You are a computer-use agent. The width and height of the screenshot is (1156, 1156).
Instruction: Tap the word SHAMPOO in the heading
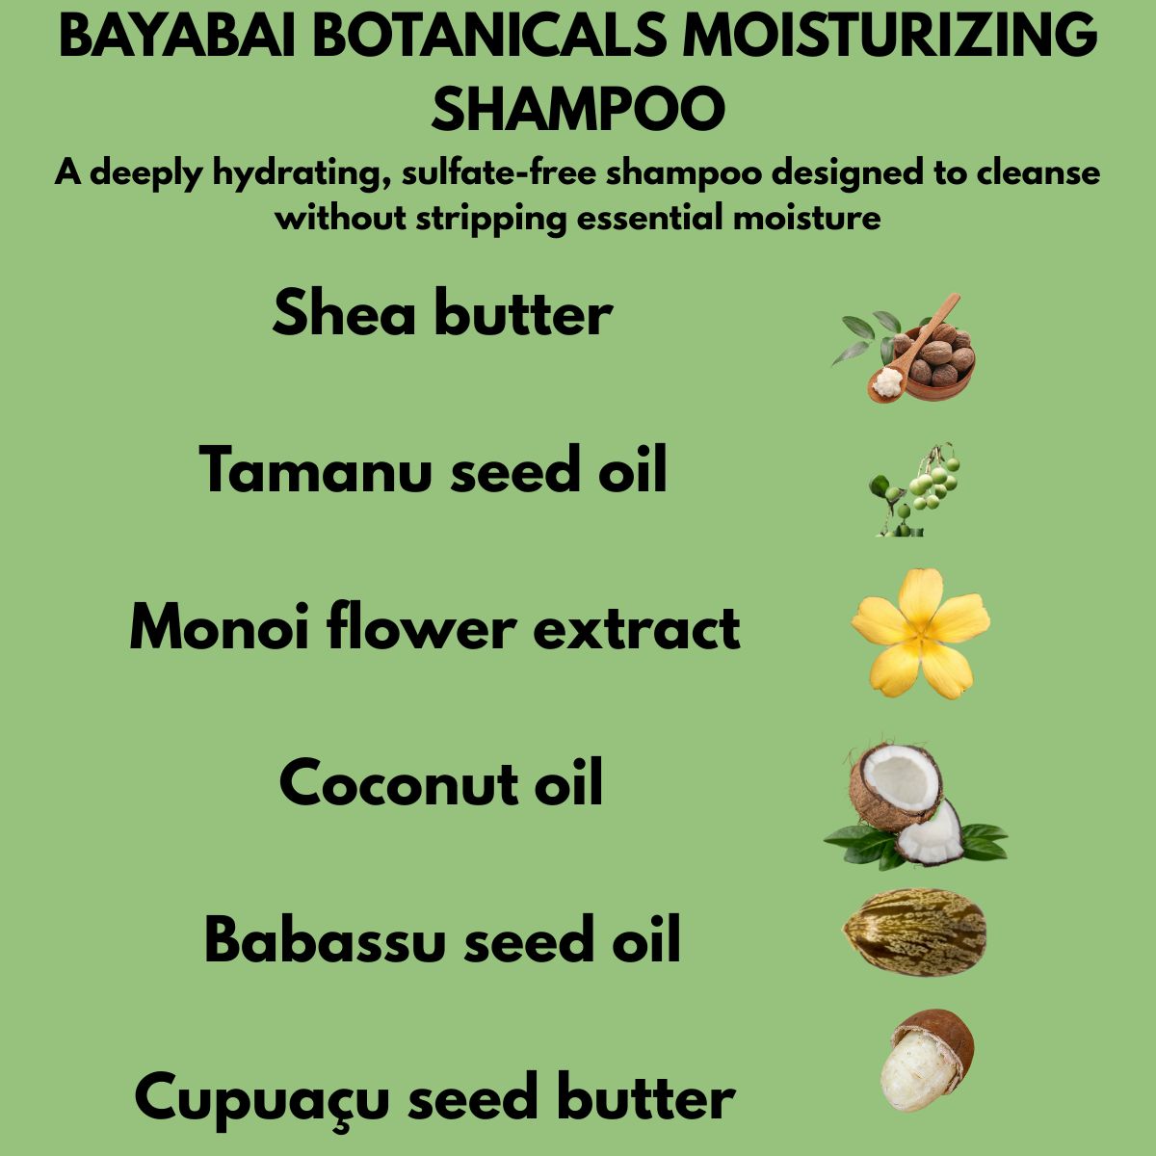577,108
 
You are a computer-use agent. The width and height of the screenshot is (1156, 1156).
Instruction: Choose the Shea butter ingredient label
442,314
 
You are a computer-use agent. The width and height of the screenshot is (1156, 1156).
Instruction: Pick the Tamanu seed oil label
433,471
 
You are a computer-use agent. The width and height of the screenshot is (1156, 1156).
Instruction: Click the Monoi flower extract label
434,628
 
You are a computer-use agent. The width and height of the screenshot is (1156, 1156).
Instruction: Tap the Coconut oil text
441,783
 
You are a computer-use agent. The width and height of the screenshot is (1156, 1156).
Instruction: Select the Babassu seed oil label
442,940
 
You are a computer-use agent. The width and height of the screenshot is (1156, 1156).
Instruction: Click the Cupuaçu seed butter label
434,1098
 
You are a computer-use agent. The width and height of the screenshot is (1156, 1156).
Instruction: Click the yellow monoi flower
920,632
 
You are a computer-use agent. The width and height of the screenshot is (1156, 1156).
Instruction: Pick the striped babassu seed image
914,933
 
